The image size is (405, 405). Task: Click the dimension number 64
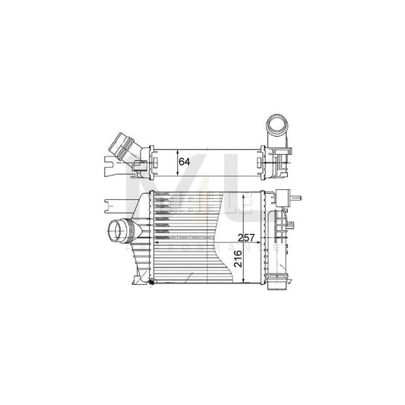pos(184,161)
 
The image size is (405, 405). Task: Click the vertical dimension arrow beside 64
pos(175,161)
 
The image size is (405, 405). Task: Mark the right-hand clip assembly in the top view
pos(280,155)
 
